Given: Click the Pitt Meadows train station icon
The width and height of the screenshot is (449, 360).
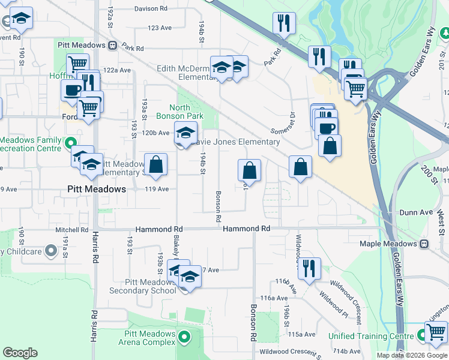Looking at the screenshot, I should click(112, 46).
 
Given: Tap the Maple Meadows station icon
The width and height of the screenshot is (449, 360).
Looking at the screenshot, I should click(424, 244).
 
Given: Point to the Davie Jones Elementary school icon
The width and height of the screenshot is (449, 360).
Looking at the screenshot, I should click(185, 134).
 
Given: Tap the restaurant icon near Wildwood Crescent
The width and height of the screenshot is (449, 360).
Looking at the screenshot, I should click(309, 269).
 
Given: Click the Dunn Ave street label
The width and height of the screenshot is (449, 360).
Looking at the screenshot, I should click(416, 212).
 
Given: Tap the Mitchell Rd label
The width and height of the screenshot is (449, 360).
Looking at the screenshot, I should click(72, 230).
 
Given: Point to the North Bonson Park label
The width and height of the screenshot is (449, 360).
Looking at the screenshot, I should click(176, 112).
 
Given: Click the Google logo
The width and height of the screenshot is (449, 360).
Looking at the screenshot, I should click(20, 353).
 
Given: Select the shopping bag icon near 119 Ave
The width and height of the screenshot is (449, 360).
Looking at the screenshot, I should click(155, 165).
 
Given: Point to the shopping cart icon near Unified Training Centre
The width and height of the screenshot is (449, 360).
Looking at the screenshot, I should click(436, 332).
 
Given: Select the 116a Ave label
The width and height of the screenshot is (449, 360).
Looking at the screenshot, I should click(274, 298).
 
